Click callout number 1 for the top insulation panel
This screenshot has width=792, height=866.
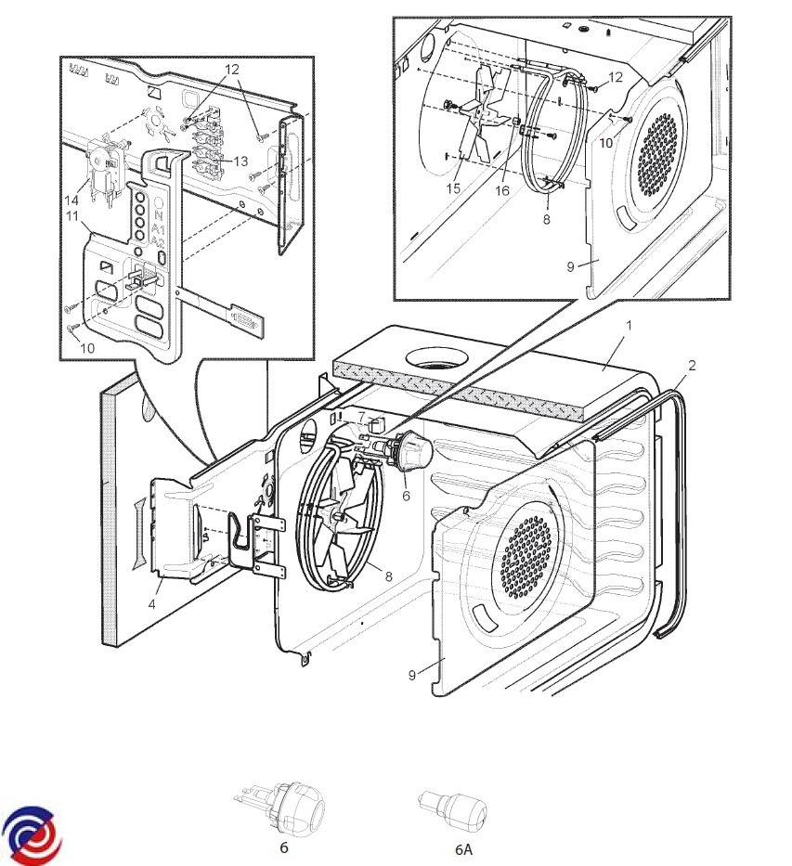pos(629,326)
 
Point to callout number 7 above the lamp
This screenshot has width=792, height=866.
pos(362,416)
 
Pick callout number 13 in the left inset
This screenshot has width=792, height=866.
pos(240,161)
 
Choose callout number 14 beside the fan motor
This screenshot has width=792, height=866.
pos(70,200)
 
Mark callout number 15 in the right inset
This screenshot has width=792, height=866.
pos(453,188)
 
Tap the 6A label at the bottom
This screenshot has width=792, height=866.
pos(462,848)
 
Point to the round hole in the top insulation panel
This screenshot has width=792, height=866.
pos(435,357)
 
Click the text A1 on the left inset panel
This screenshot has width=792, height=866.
pos(159,227)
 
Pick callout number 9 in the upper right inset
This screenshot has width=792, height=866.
pos(571,265)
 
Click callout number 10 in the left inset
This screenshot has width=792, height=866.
pos(86,348)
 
